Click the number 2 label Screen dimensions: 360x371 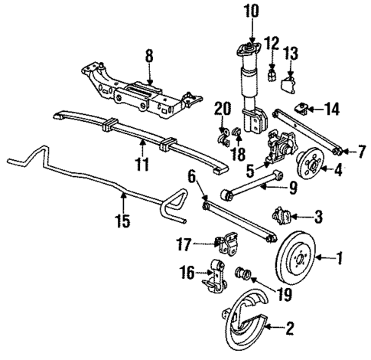tap(289, 330)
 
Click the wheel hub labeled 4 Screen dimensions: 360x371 tap(313, 165)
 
